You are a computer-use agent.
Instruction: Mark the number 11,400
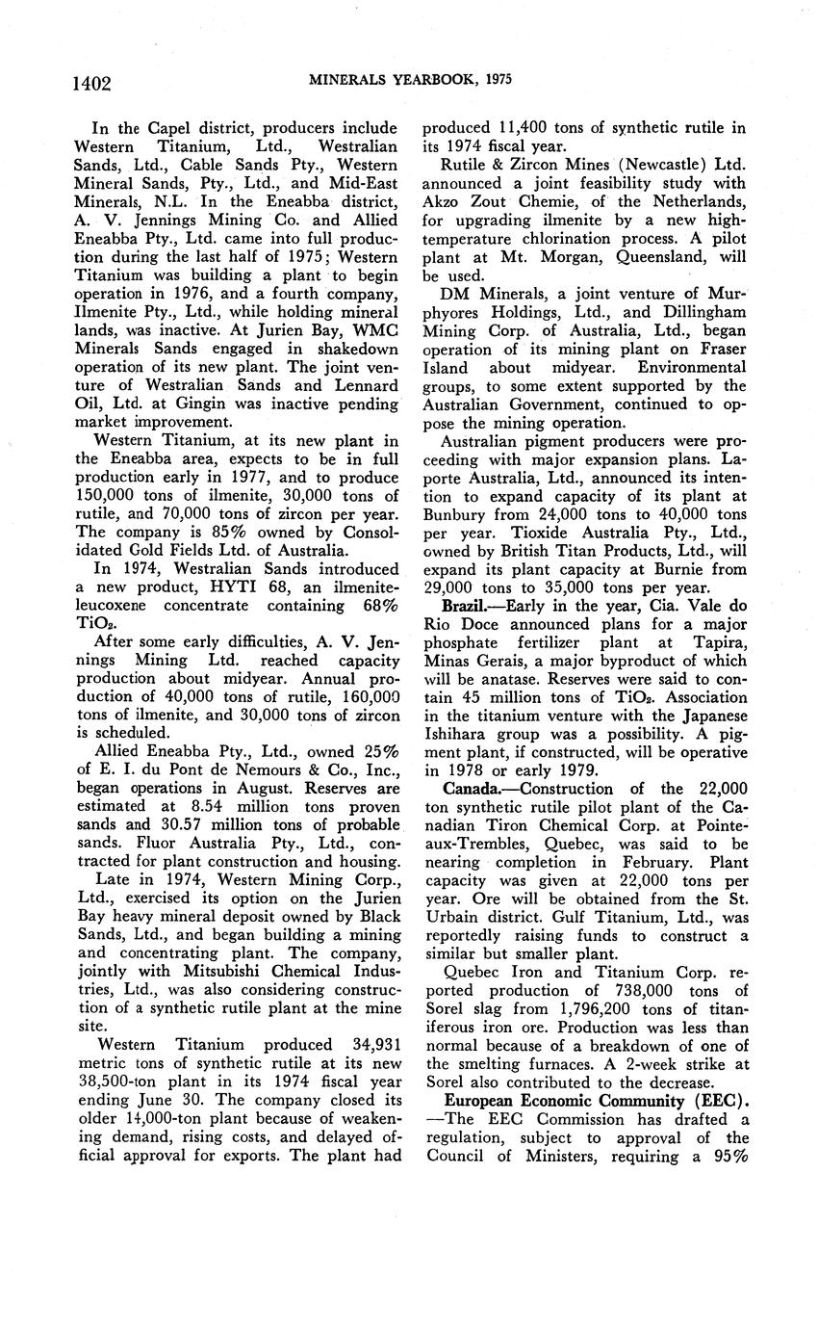526,127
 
